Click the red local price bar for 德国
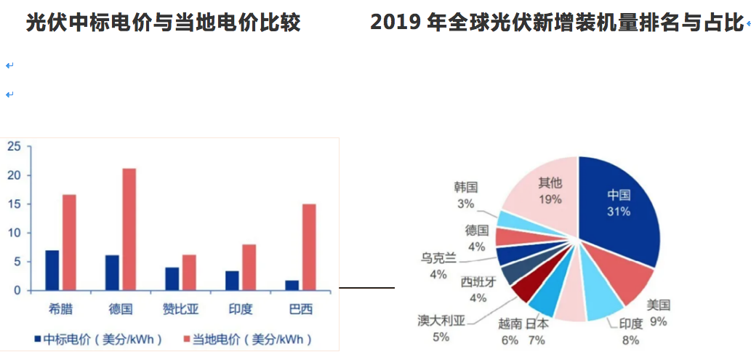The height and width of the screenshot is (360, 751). [x=129, y=229]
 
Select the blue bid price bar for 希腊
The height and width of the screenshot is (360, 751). [x=52, y=270]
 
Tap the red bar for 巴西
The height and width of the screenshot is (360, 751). [x=308, y=247]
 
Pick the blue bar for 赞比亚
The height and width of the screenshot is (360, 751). [x=172, y=279]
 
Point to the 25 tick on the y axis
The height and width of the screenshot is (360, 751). [x=13, y=147]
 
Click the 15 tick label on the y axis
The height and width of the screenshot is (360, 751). [x=13, y=204]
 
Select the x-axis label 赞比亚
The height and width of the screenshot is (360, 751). [x=179, y=309]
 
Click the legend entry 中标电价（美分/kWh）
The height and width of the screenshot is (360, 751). [x=97, y=339]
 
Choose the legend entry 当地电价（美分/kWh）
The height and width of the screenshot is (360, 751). [x=246, y=339]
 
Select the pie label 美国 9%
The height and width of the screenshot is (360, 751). [x=659, y=312]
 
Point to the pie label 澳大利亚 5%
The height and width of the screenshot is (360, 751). [x=441, y=328]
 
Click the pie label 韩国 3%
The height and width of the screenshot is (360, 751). [x=465, y=196]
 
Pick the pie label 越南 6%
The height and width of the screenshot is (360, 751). [x=509, y=332]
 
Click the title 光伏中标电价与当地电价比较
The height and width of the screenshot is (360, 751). [x=163, y=23]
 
